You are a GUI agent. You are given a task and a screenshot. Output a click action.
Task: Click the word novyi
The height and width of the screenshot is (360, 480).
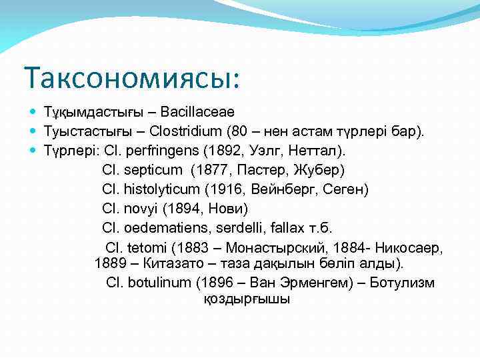pos(138,209)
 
